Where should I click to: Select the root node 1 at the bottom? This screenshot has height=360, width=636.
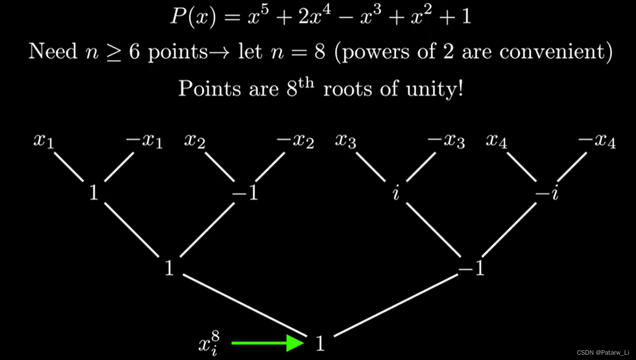click(x=320, y=343)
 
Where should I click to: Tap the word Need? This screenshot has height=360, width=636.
click(x=53, y=52)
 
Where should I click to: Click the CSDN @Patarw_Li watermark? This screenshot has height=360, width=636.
click(x=603, y=353)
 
